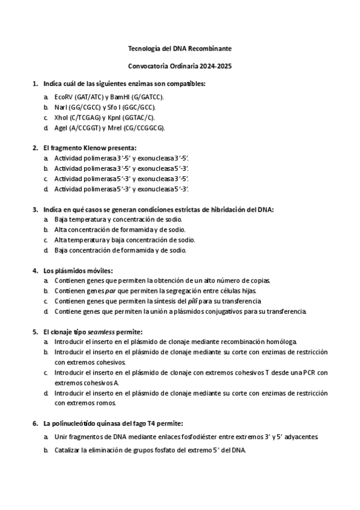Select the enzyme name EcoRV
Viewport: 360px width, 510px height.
click(x=63, y=96)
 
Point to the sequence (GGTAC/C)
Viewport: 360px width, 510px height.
click(x=141, y=117)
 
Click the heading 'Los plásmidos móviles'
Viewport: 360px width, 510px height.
click(x=78, y=270)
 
